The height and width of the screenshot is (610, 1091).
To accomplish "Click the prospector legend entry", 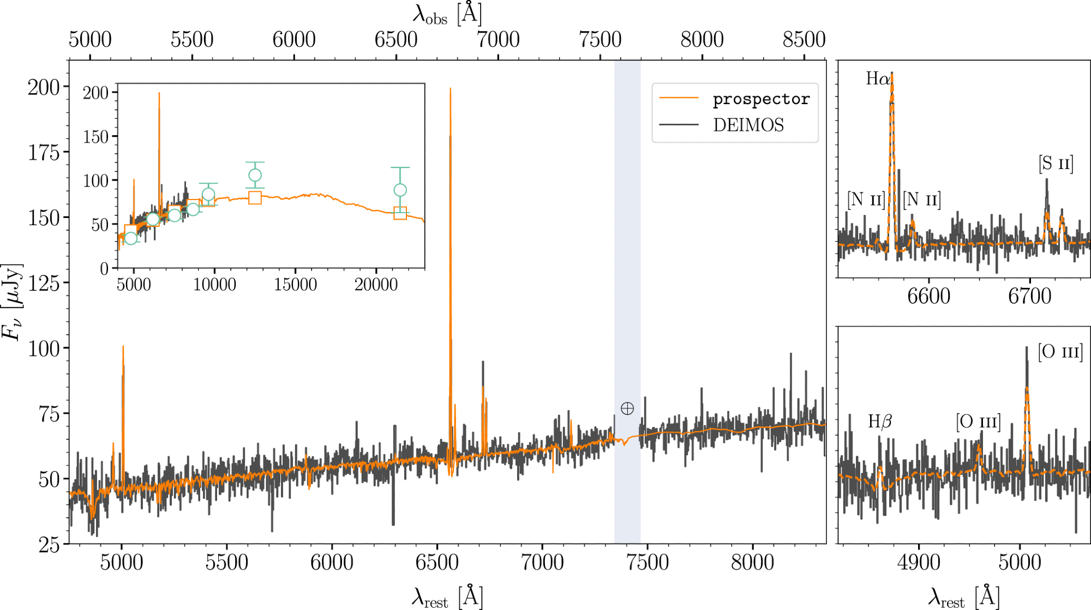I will point(760,99).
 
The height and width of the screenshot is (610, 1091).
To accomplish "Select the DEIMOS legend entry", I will point(748,125).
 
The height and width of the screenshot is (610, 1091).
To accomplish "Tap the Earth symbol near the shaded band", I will point(627,408).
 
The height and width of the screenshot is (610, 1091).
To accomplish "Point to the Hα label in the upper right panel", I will point(878,79).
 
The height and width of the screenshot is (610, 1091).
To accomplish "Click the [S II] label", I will point(1056,164).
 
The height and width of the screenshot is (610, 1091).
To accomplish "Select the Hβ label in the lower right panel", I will point(880,421).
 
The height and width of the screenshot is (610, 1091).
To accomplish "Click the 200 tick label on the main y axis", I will point(44,87).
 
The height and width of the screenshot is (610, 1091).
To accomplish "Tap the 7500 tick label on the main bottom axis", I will point(648,563).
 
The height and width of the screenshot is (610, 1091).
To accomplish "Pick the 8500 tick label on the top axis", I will point(804,40).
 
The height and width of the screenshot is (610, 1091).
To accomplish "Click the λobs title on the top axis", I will point(447,14).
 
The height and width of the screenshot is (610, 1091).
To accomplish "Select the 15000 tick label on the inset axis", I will point(295,285).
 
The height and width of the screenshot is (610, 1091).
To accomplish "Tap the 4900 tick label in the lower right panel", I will point(919,563).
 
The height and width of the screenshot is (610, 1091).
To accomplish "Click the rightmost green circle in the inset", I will point(400,190).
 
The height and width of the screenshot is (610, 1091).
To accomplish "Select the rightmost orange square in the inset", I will point(400,213).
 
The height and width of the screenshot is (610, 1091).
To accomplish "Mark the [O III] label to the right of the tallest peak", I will point(1060,352).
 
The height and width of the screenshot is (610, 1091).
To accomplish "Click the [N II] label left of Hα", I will point(866,200).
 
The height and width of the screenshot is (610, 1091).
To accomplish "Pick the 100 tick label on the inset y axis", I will point(96,181).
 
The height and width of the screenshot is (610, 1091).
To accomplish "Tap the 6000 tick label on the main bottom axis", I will point(332,563).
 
